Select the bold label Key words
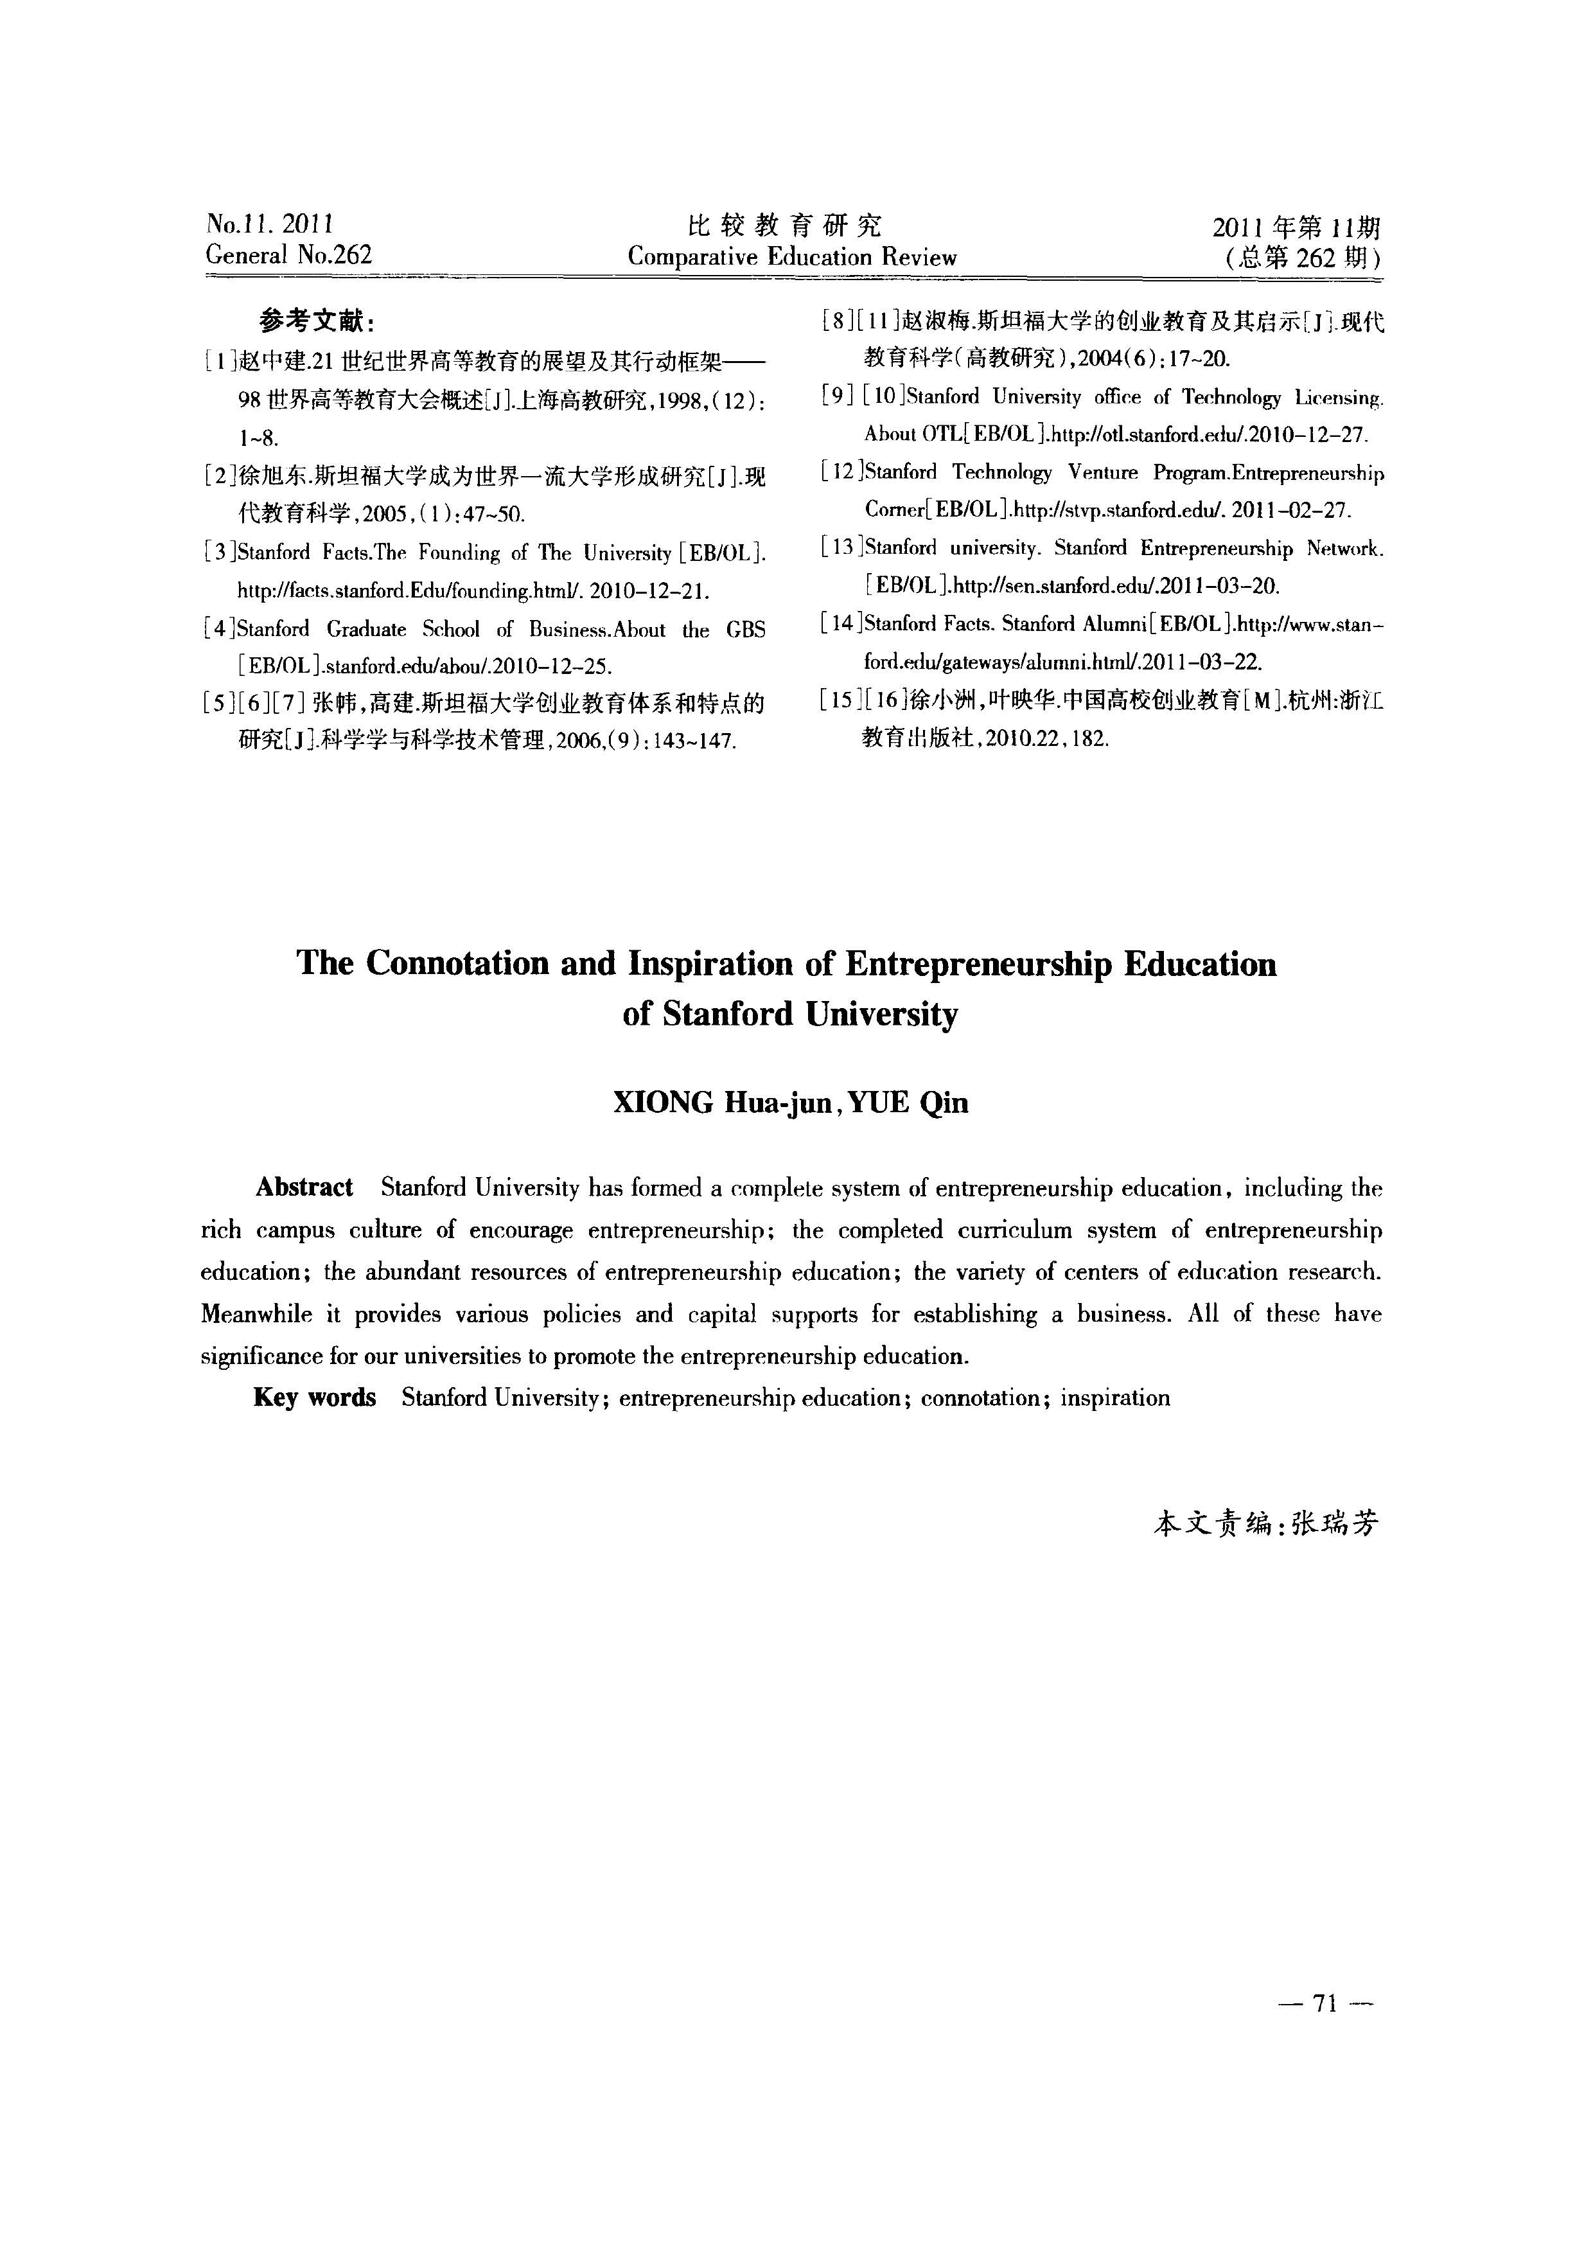314,1397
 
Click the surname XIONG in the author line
663,1103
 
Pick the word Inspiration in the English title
710,964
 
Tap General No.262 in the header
289,255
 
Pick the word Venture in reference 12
1102,473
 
